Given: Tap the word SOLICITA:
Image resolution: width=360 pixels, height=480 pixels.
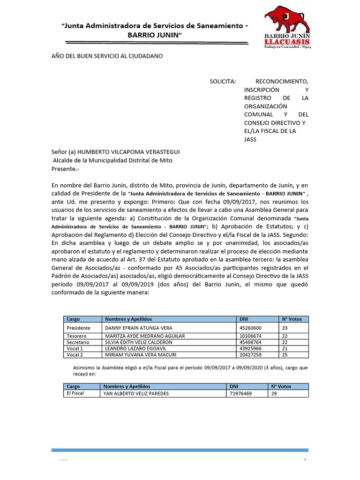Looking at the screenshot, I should [x=223, y=81].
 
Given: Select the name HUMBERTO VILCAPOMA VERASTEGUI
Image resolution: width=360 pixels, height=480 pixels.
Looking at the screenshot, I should [x=128, y=152].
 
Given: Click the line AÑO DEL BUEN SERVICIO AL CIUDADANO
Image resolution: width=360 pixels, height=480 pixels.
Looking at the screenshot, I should [x=107, y=56].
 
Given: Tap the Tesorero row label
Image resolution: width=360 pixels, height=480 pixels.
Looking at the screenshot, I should [x=78, y=336].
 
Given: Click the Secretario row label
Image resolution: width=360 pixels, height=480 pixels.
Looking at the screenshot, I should [x=78, y=342].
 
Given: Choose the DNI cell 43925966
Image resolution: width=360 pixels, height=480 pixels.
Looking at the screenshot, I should [x=250, y=349].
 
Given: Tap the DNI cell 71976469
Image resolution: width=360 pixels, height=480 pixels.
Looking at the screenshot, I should [x=240, y=394].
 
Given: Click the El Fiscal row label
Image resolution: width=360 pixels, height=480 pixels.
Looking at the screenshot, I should [x=75, y=393].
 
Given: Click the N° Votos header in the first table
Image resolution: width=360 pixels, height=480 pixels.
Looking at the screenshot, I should [x=292, y=319].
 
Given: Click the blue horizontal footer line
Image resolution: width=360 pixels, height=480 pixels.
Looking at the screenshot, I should [x=180, y=450].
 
